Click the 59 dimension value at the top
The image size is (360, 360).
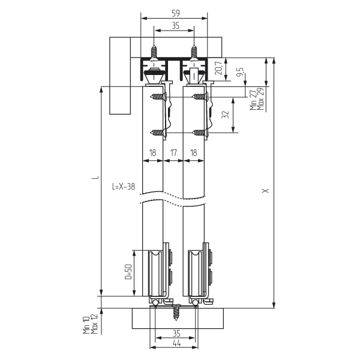[176, 13]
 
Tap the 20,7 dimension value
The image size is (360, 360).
[218, 67]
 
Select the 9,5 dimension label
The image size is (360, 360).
[241, 72]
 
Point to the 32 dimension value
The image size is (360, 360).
[226, 115]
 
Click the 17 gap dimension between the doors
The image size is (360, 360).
[173, 152]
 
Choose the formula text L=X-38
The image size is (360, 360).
[124, 187]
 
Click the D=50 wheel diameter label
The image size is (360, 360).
[128, 272]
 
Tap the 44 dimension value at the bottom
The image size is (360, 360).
[176, 343]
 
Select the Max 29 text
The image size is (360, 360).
[260, 99]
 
